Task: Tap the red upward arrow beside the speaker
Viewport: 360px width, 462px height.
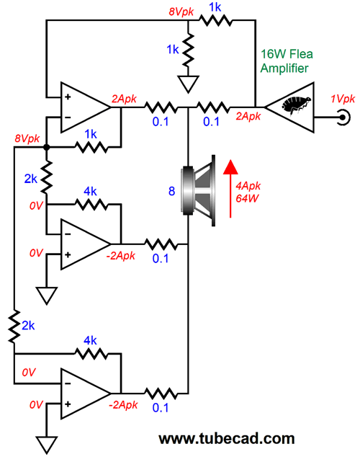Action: click(230, 189)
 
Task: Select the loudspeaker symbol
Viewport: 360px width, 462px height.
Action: click(199, 190)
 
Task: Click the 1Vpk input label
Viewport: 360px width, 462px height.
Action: click(343, 99)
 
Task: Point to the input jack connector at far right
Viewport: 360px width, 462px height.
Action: click(344, 117)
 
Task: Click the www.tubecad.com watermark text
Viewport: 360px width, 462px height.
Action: click(227, 439)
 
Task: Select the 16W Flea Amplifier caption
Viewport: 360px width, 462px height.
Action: click(287, 61)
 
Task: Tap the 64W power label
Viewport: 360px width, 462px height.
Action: click(247, 198)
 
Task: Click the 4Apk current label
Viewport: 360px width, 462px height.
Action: click(248, 186)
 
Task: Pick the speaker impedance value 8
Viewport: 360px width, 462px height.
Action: click(171, 191)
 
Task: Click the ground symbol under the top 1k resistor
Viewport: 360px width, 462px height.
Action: click(188, 84)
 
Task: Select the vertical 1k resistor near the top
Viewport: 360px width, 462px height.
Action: click(188, 49)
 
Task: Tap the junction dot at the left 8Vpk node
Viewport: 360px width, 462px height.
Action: click(46, 147)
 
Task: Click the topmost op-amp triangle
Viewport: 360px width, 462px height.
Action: click(86, 107)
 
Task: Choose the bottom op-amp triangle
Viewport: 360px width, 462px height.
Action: click(86, 394)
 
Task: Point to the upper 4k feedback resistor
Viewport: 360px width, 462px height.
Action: click(91, 204)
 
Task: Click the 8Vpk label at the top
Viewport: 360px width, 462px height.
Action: click(181, 12)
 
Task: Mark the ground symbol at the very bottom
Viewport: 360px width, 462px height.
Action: click(47, 445)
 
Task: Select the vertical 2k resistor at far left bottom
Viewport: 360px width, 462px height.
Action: click(14, 326)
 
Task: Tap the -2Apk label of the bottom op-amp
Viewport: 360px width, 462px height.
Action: click(123, 405)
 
